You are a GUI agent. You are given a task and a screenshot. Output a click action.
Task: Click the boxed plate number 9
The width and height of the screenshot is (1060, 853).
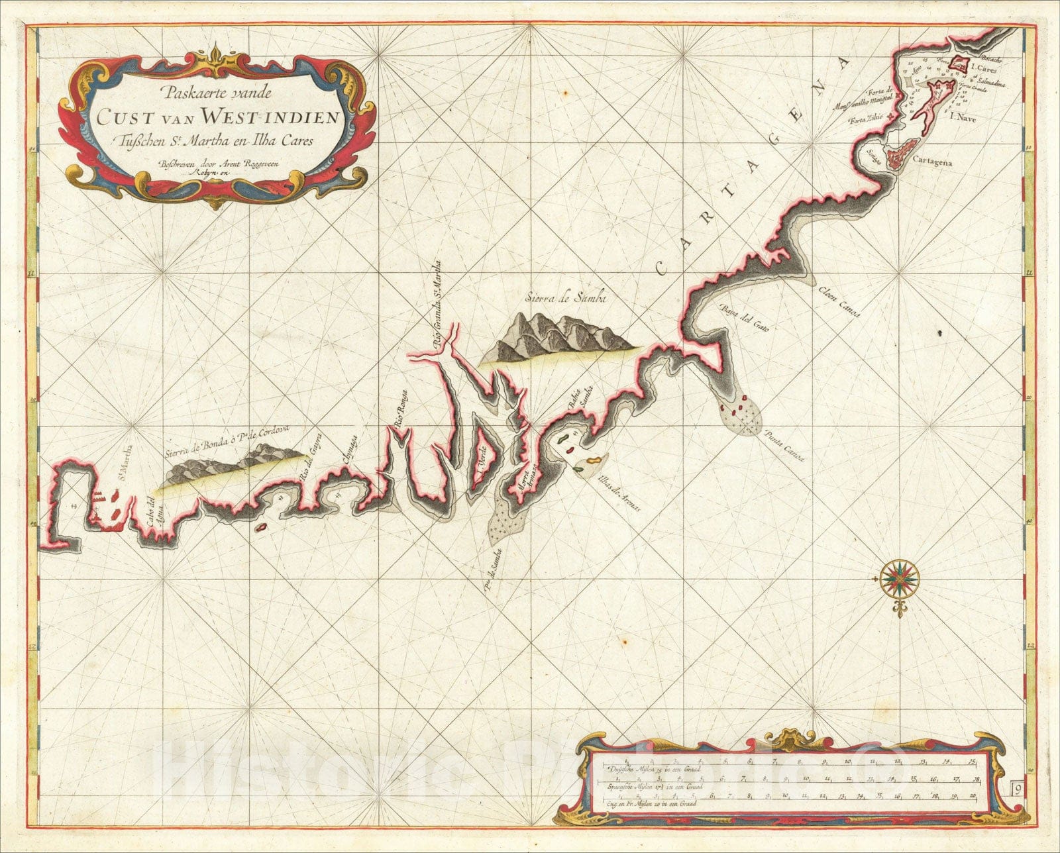pyautogui.click(x=1016, y=788)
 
